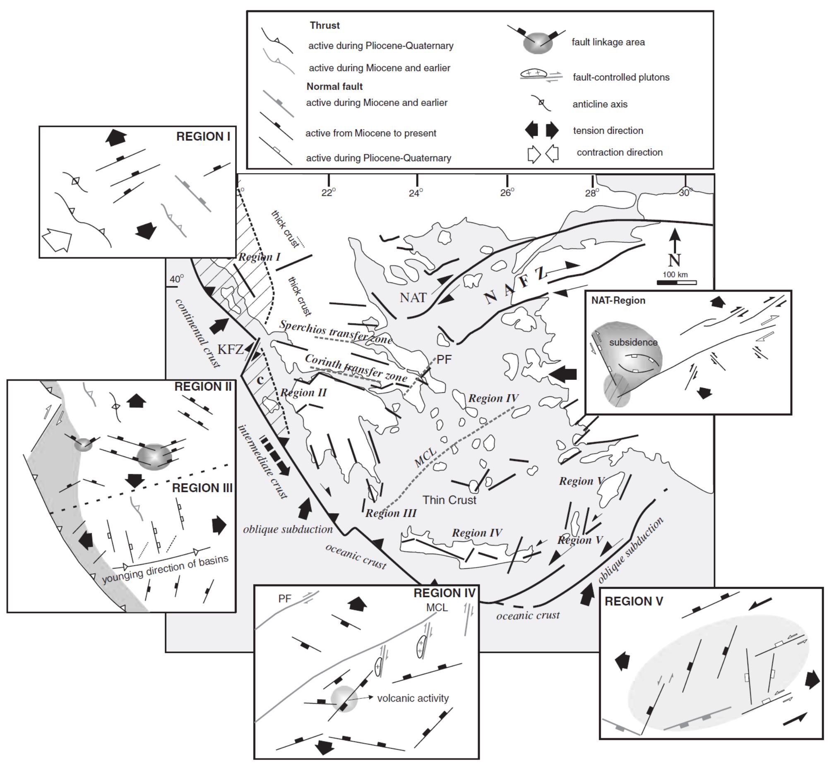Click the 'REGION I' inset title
point(203,136)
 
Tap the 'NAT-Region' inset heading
point(618,300)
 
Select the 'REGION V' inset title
point(633,601)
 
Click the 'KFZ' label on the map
point(230,348)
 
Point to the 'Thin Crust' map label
point(449,500)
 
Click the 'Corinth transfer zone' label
point(356,367)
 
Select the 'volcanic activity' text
point(412,698)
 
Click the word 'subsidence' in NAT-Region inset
point(633,342)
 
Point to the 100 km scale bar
point(676,282)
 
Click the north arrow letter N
point(674,261)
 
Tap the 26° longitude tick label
point(507,193)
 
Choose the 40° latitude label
point(176,279)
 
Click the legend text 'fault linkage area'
point(608,42)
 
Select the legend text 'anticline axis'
point(600,104)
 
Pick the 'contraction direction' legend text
point(620,152)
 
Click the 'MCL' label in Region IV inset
point(437,607)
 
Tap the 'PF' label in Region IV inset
point(285,599)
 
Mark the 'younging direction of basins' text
point(165,569)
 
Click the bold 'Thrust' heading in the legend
point(324,25)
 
